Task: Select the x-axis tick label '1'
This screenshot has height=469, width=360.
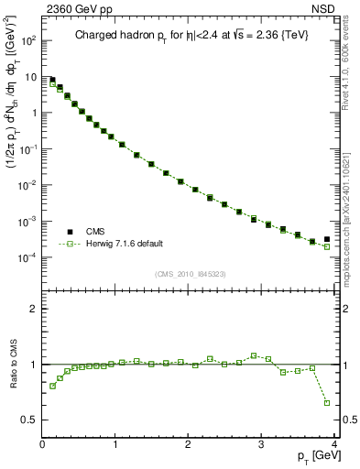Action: tap(115, 444)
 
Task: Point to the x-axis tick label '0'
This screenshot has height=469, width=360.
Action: tap(42, 444)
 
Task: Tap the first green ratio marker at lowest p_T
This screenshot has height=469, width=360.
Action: tap(52, 386)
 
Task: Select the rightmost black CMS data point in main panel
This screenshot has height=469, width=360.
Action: tap(327, 239)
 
